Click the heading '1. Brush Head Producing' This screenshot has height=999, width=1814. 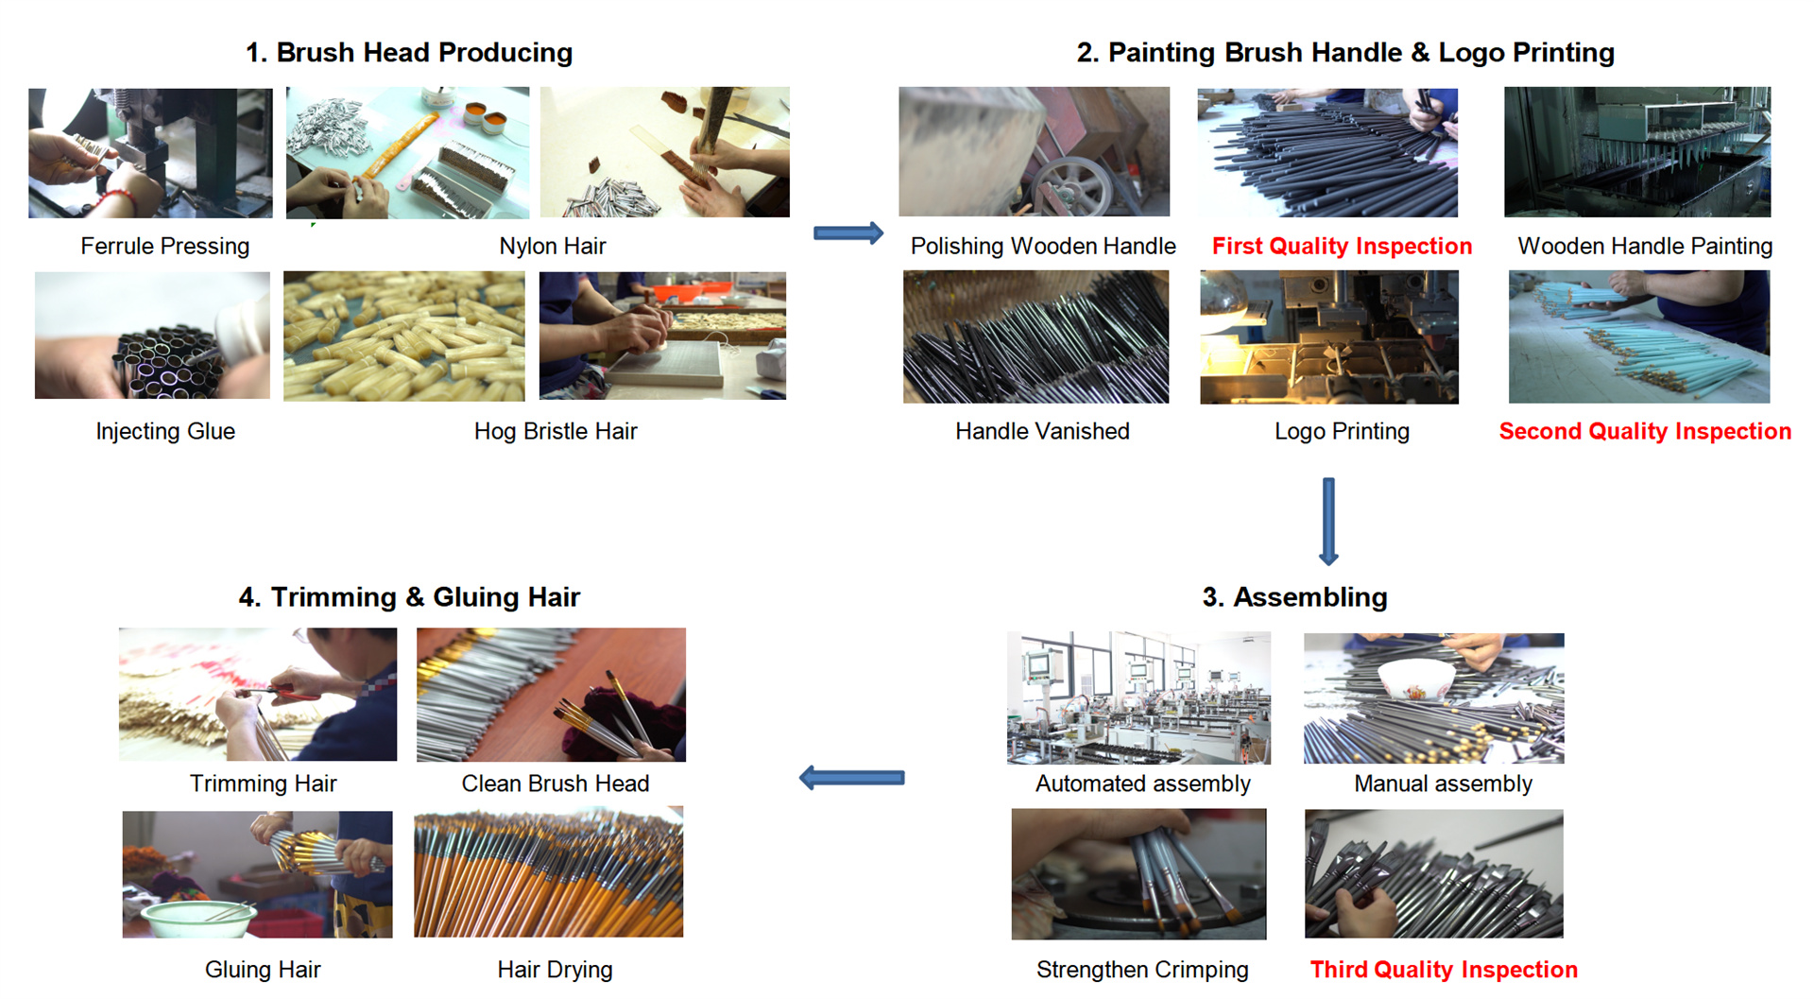pyautogui.click(x=409, y=53)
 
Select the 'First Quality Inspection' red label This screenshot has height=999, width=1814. pyautogui.click(x=1342, y=247)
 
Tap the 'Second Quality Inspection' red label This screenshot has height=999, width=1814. pyautogui.click(x=1644, y=432)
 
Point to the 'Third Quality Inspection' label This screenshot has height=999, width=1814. pyautogui.click(x=1443, y=970)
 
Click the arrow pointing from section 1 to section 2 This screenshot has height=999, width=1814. pyautogui.click(x=847, y=233)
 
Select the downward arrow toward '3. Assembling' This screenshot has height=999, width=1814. pyautogui.click(x=1328, y=521)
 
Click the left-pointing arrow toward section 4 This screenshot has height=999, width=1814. pyautogui.click(x=851, y=778)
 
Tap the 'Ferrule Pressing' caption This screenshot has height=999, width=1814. pyautogui.click(x=165, y=247)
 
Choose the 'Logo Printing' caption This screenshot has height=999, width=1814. pyautogui.click(x=1342, y=432)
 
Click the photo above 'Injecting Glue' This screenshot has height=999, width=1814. pyautogui.click(x=152, y=336)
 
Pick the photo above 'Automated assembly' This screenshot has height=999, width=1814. pyautogui.click(x=1138, y=698)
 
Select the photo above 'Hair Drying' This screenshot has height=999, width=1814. pyautogui.click(x=549, y=872)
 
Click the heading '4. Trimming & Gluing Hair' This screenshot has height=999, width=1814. pyautogui.click(x=409, y=597)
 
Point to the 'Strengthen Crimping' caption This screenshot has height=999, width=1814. pyautogui.click(x=1142, y=970)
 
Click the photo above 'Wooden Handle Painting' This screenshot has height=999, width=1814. pyautogui.click(x=1637, y=152)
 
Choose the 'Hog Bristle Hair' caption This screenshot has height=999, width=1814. pyautogui.click(x=556, y=432)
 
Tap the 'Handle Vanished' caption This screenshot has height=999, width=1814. pyautogui.click(x=1042, y=432)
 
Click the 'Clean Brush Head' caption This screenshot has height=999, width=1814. pyautogui.click(x=556, y=784)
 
